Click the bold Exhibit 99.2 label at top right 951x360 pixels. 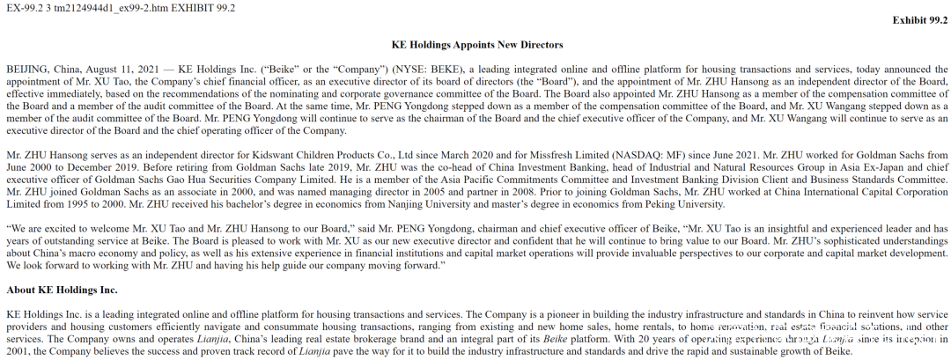920,19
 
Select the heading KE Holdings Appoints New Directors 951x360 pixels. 476,44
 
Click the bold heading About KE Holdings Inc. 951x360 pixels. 62,290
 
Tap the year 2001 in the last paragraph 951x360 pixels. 18,351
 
